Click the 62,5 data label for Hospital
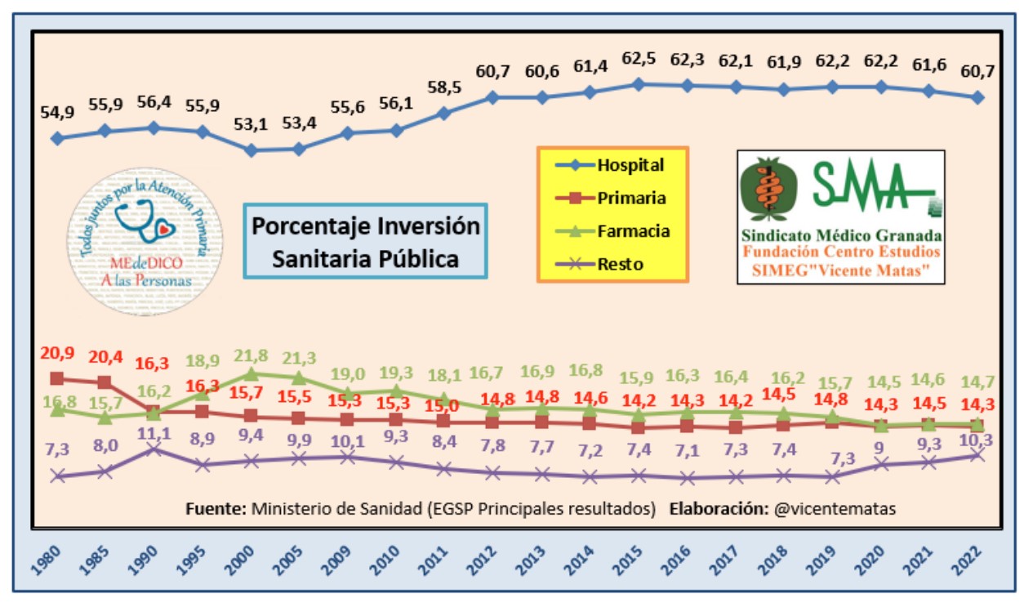(639, 60)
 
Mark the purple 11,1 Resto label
(154, 434)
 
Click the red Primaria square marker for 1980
(56, 378)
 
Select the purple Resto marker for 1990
(154, 450)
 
